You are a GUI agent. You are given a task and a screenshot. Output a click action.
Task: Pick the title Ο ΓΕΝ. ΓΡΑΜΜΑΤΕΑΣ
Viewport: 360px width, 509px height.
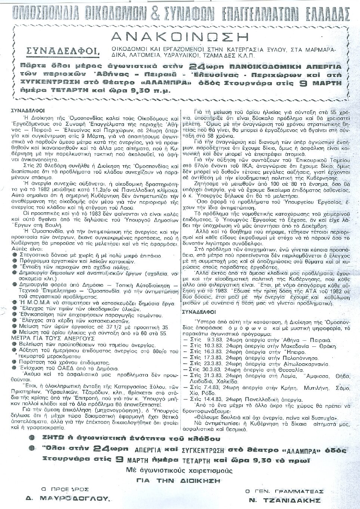284,491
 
